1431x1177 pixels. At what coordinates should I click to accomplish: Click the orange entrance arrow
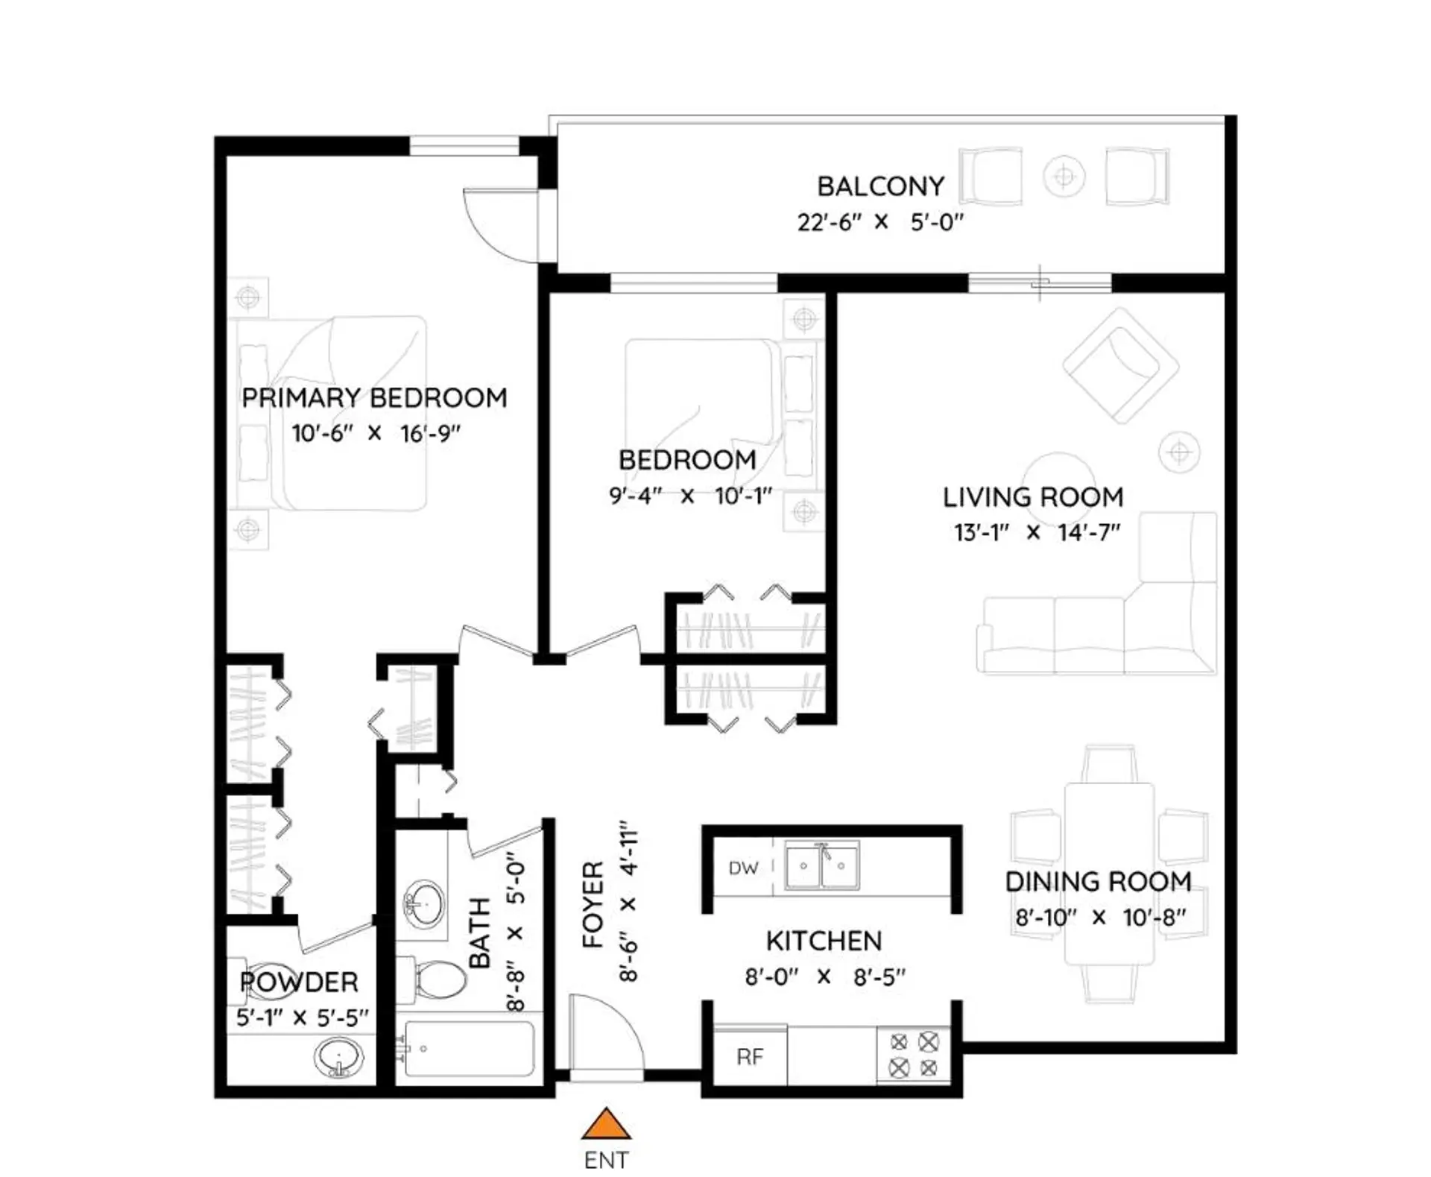tap(606, 1125)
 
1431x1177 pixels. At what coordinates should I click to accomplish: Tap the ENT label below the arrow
tap(606, 1161)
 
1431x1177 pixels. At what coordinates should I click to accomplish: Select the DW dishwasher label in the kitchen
tap(743, 868)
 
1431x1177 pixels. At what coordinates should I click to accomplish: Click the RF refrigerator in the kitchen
tap(750, 1056)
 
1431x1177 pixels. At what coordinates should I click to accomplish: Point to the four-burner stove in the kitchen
tap(914, 1055)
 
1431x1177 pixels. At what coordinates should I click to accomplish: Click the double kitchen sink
tap(822, 866)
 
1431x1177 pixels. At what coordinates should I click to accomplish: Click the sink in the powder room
tap(339, 1058)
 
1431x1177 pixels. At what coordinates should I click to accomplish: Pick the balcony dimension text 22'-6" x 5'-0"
tap(880, 222)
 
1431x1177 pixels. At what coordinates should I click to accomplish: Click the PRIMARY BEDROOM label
tap(374, 398)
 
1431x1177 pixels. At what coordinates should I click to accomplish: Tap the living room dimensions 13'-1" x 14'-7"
tap(1036, 533)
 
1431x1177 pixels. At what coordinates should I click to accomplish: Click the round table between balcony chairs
tap(1064, 177)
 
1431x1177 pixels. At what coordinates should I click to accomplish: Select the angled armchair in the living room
tap(1119, 365)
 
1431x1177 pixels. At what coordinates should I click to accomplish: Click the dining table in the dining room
tap(1109, 872)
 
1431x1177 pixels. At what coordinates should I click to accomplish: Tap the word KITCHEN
tap(824, 941)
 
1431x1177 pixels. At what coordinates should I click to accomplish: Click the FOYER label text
tap(593, 904)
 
